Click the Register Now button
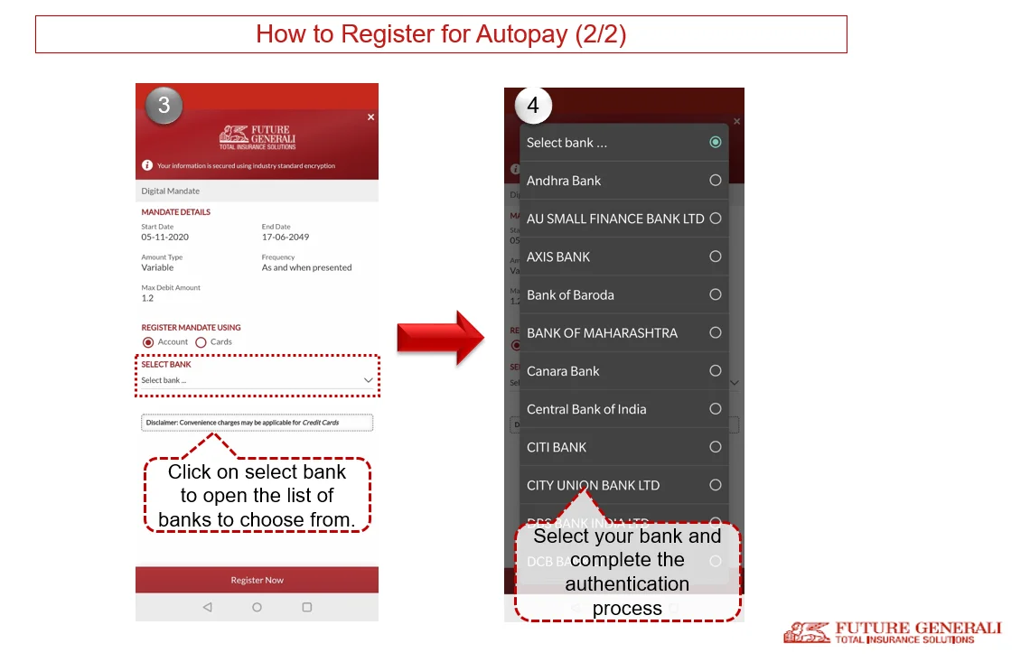[257, 580]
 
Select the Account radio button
[148, 342]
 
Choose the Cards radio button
[201, 342]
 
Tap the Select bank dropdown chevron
[368, 380]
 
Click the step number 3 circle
[164, 106]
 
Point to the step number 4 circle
[533, 106]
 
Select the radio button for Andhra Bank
[715, 181]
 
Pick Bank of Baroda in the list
[570, 294]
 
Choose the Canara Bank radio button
[715, 370]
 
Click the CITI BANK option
[557, 447]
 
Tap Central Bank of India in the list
[586, 409]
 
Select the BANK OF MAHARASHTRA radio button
[715, 332]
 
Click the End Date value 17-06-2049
[285, 237]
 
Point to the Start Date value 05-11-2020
[164, 237]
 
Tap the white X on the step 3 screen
[370, 117]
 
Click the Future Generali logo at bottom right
[892, 632]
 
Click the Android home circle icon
[257, 608]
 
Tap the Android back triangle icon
[207, 608]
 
